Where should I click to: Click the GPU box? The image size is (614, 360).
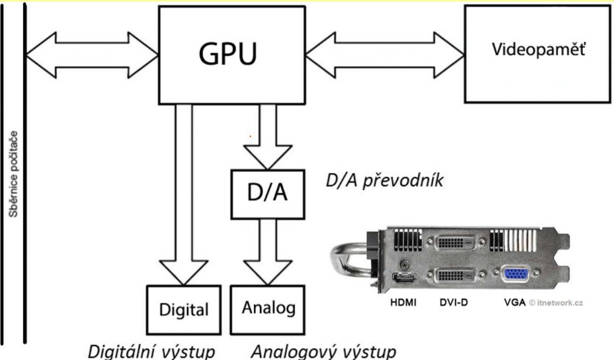(232, 55)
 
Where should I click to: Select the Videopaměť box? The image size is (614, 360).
(537, 54)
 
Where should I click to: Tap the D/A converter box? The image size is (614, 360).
(268, 194)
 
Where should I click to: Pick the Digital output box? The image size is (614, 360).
(183, 310)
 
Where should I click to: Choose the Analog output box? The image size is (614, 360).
(268, 310)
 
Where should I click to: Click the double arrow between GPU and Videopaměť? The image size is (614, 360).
(385, 55)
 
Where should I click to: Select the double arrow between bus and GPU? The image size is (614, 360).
(92, 55)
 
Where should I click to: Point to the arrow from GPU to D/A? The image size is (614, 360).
(268, 137)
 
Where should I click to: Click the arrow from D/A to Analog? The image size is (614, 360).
(268, 252)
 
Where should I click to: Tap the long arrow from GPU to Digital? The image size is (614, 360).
(183, 195)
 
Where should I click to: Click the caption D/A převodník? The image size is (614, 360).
(384, 181)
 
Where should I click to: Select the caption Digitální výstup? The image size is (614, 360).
(151, 350)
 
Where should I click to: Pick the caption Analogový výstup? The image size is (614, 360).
(323, 350)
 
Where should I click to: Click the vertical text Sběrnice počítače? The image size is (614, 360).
(13, 174)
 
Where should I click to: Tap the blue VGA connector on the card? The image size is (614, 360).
(516, 274)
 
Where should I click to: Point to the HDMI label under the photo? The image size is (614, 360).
(403, 303)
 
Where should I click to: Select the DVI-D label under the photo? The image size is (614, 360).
(454, 303)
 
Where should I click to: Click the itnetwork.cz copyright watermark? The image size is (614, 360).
(556, 303)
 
